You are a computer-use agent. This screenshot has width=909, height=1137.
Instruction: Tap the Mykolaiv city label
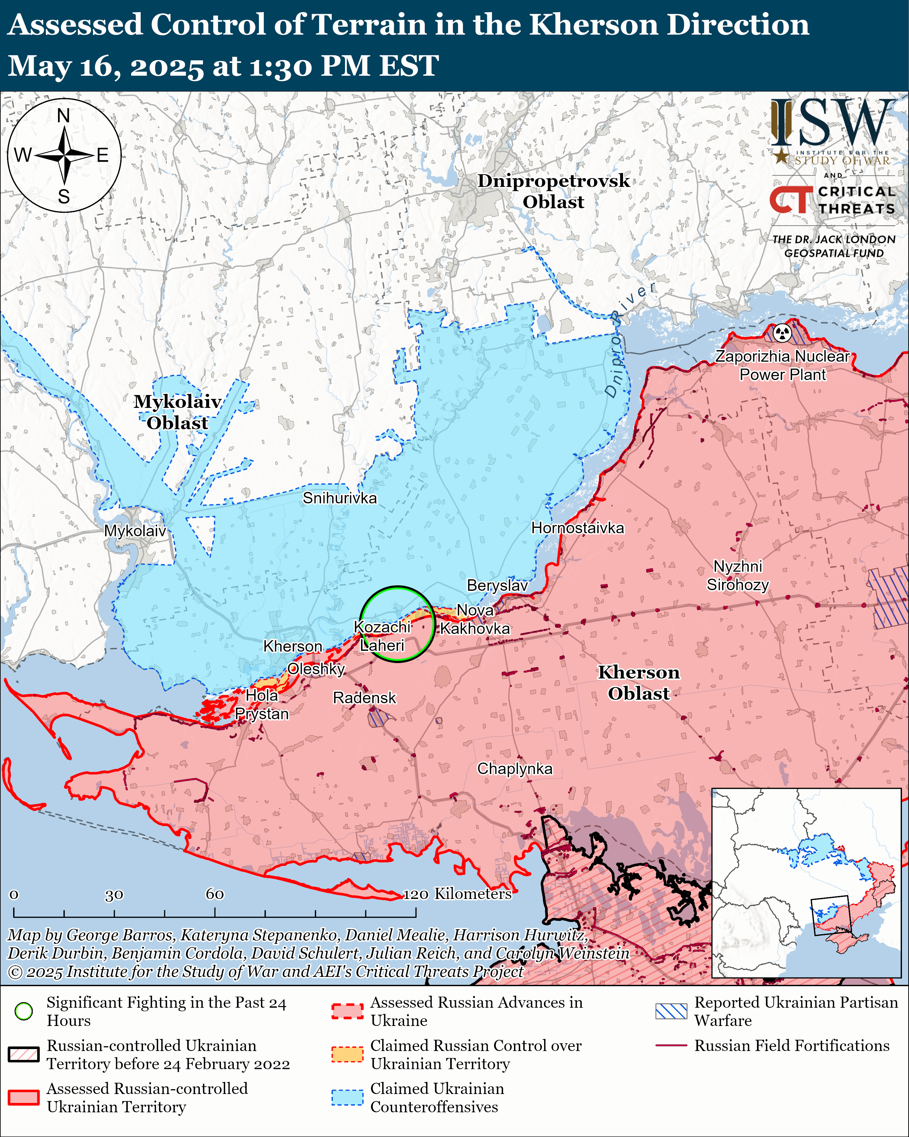tap(135, 530)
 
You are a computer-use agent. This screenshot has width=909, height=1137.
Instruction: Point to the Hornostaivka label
tap(577, 528)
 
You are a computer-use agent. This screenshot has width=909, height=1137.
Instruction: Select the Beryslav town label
tap(497, 585)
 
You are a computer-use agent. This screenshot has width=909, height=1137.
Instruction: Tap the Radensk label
tap(364, 698)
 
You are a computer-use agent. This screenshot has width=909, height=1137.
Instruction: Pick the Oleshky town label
tap(316, 669)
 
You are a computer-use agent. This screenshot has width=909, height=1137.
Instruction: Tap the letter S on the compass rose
tap(64, 197)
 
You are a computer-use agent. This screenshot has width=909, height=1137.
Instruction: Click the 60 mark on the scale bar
tap(215, 894)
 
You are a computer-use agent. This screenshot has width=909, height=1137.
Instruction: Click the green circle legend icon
tap(24, 1011)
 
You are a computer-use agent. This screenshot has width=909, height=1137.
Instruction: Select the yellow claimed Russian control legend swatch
tap(347, 1054)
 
